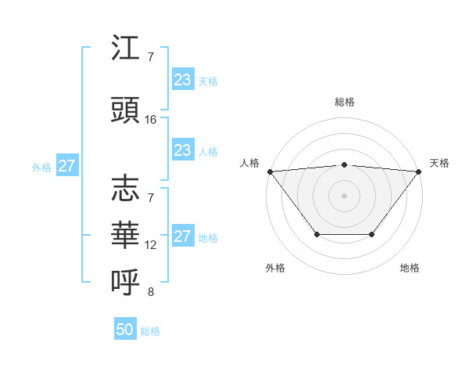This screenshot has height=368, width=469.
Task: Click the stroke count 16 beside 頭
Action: (x=151, y=119)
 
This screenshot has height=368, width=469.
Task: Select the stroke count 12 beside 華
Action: (x=151, y=245)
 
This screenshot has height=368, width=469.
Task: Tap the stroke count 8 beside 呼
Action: (x=151, y=292)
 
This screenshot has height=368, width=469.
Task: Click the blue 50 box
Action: (x=125, y=330)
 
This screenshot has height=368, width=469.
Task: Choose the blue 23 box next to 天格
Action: (x=183, y=79)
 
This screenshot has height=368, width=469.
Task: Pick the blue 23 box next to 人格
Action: (x=183, y=150)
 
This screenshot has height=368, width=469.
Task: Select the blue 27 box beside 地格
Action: (x=183, y=236)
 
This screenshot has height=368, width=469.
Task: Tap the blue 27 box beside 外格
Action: (x=67, y=166)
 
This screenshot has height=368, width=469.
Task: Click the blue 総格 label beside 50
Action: (x=150, y=331)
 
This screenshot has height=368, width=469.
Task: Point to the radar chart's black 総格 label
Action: (x=345, y=102)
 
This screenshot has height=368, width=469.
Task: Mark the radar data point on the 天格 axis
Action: (x=419, y=171)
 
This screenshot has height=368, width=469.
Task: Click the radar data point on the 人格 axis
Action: (x=270, y=171)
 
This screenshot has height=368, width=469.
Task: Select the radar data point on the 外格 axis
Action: (x=317, y=234)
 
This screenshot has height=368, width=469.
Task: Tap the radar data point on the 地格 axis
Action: (x=372, y=234)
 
